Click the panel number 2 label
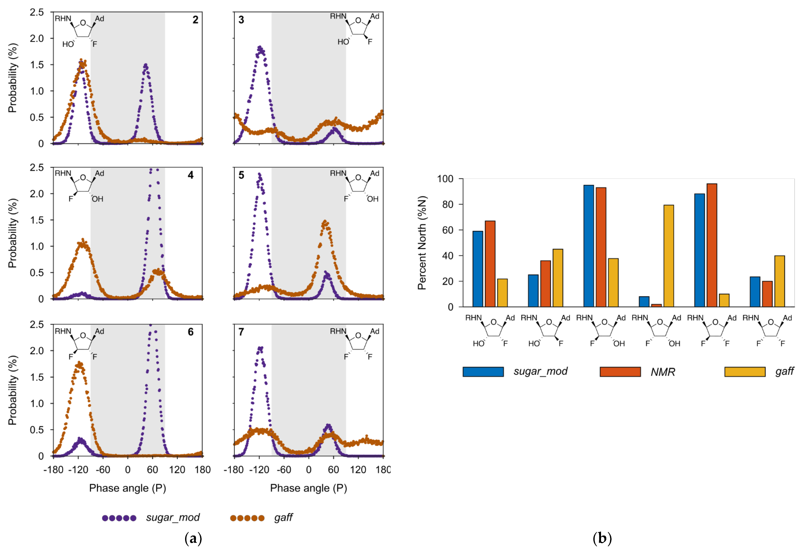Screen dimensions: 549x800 pos(195,20)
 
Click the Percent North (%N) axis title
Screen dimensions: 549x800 pos(422,243)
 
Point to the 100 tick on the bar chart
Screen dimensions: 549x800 pos(445,179)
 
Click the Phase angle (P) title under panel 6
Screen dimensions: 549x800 pos(127,488)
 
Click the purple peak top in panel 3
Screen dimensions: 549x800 pos(260,48)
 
